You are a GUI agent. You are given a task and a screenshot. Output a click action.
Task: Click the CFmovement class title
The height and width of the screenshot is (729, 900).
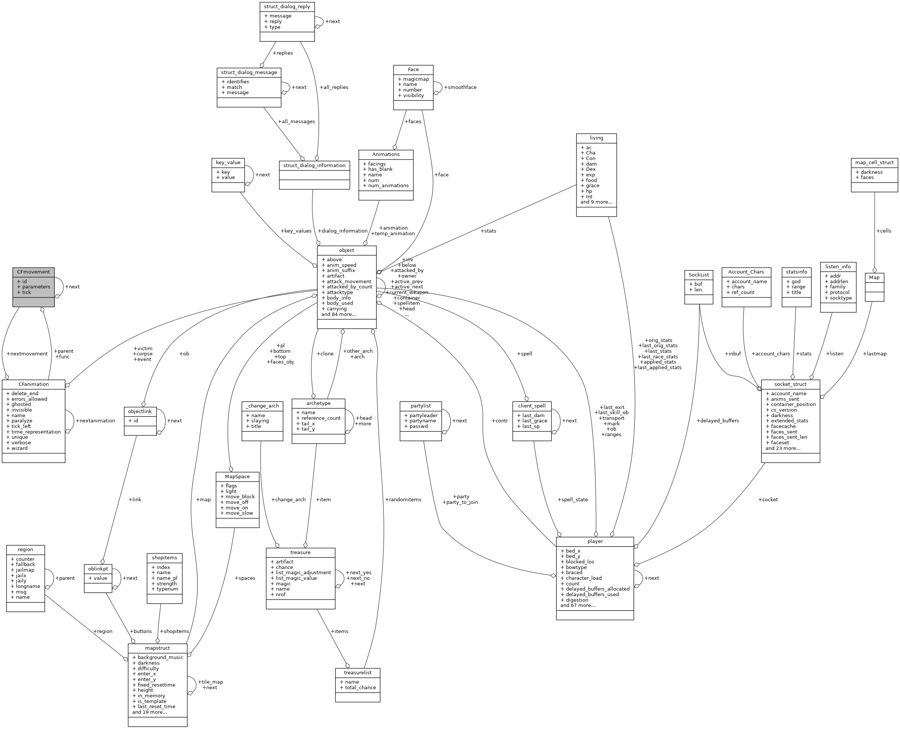point(33,272)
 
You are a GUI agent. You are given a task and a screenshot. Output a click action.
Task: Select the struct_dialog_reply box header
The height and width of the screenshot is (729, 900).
point(287,7)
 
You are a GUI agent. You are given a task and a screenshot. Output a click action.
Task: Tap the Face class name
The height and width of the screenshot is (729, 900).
point(413,69)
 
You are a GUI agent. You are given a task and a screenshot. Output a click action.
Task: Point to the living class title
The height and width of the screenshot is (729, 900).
point(596,138)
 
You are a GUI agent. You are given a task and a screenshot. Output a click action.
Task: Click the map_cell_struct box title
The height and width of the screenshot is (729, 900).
point(874,163)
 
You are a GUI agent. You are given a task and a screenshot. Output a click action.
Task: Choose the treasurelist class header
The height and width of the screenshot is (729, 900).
point(357,673)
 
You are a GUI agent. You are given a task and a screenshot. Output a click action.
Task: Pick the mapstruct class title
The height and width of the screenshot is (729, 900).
point(158,648)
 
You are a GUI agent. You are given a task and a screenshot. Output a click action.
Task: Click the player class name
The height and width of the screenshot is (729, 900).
point(595,541)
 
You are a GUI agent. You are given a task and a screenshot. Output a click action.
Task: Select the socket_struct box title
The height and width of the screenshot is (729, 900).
point(790,384)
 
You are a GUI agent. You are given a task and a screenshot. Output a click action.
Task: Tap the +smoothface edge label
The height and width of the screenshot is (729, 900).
point(460,87)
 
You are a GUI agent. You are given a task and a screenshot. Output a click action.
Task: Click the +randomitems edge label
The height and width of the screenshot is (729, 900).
point(403,499)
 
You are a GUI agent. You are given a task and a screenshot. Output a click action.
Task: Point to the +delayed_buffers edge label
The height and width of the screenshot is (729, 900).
point(717,421)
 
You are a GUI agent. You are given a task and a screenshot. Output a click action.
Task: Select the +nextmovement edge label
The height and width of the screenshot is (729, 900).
point(27,354)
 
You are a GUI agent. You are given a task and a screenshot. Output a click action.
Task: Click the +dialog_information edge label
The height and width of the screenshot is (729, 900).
point(343,231)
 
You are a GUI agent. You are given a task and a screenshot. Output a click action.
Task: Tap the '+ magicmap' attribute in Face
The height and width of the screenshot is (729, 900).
point(413,79)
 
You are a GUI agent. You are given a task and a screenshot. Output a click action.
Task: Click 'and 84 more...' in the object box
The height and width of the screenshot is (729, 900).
point(338,314)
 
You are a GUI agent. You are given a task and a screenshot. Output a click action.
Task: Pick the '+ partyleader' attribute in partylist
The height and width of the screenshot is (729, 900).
point(421,415)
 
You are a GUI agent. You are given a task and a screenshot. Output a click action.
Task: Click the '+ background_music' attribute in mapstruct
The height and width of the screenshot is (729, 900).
point(158,657)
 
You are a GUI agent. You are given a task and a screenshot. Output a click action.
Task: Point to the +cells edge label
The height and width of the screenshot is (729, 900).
point(883,231)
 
